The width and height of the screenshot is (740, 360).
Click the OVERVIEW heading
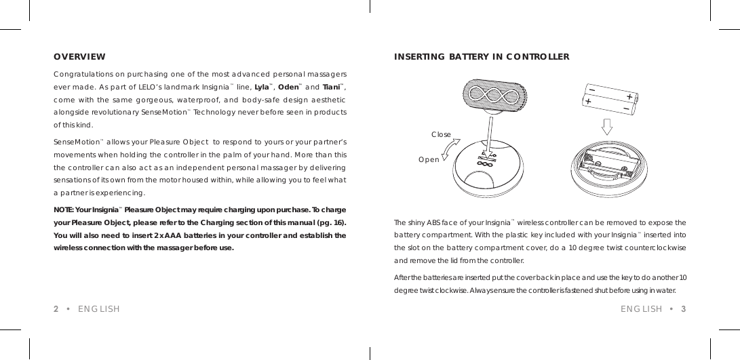79,56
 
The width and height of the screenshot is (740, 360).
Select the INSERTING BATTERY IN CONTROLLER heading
482,56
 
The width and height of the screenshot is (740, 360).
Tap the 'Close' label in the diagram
442,134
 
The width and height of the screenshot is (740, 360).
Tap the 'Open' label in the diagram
429,159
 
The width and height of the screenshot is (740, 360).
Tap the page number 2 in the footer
56,309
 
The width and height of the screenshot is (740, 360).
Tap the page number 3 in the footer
684,309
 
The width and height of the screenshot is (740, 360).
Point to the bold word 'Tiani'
332,85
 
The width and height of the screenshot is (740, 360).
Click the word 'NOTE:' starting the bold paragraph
65,209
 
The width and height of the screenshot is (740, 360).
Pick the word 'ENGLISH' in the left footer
99,309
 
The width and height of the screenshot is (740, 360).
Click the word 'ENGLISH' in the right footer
641,309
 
